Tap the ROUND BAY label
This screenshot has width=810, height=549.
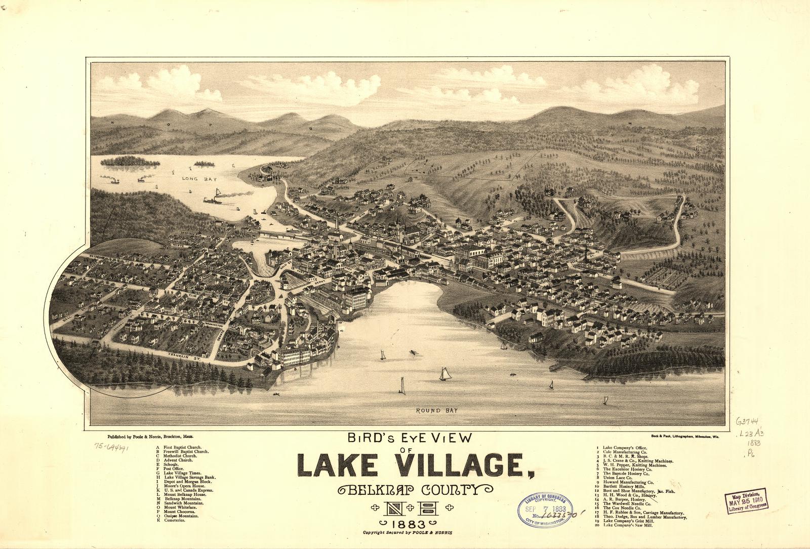point(436,410)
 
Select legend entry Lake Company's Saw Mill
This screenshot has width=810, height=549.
point(627,525)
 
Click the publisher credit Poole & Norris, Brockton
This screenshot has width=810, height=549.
point(150,436)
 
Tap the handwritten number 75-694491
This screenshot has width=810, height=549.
point(112,447)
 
